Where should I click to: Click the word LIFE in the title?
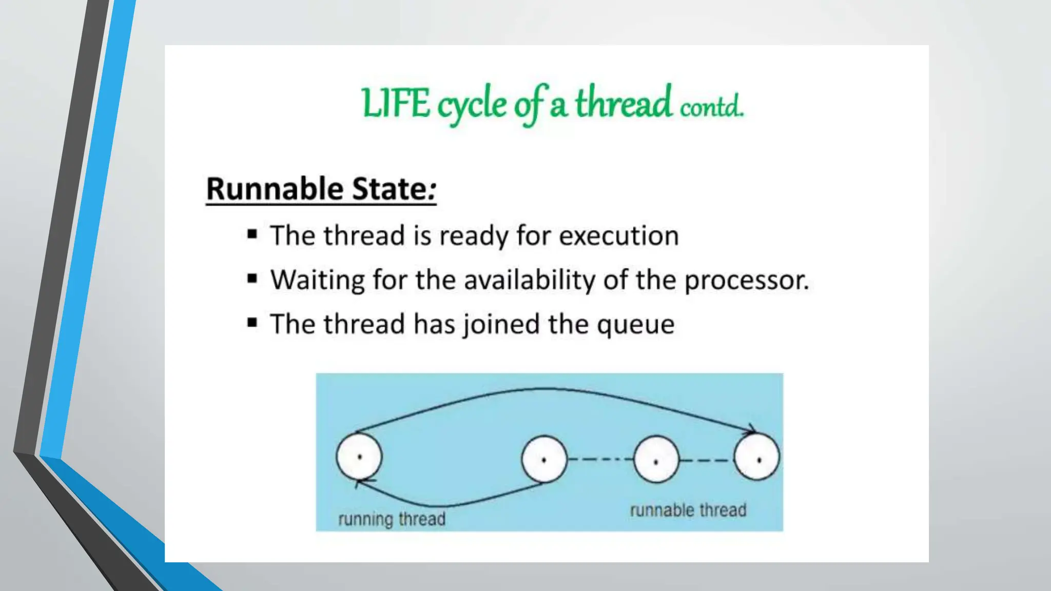[395, 104]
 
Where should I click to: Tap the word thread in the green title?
[622, 103]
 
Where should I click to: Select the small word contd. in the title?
[711, 106]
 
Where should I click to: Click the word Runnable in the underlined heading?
[275, 189]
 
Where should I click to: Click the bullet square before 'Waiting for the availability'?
[252, 279]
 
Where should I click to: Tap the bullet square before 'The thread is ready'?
[252, 235]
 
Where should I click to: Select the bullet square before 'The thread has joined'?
[252, 323]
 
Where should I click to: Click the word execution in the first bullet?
[618, 236]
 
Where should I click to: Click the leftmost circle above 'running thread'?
[359, 456]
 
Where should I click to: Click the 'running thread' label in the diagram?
[392, 519]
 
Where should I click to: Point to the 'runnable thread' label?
[688, 510]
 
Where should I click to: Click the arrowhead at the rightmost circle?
[751, 430]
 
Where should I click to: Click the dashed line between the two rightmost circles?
[706, 460]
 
